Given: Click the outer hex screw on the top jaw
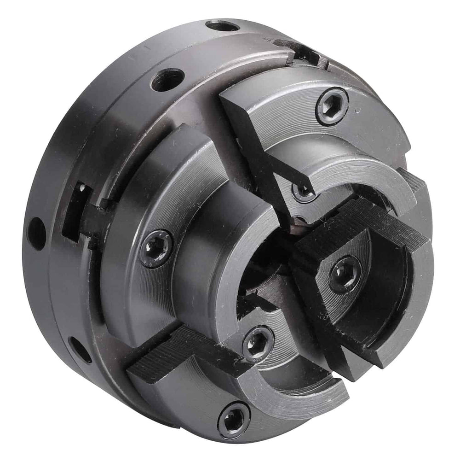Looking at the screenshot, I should (x=332, y=106).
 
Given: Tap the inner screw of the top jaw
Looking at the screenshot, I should (x=301, y=192).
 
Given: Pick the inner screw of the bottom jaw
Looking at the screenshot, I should (x=258, y=343).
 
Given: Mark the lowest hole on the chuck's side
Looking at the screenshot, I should (x=79, y=349).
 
